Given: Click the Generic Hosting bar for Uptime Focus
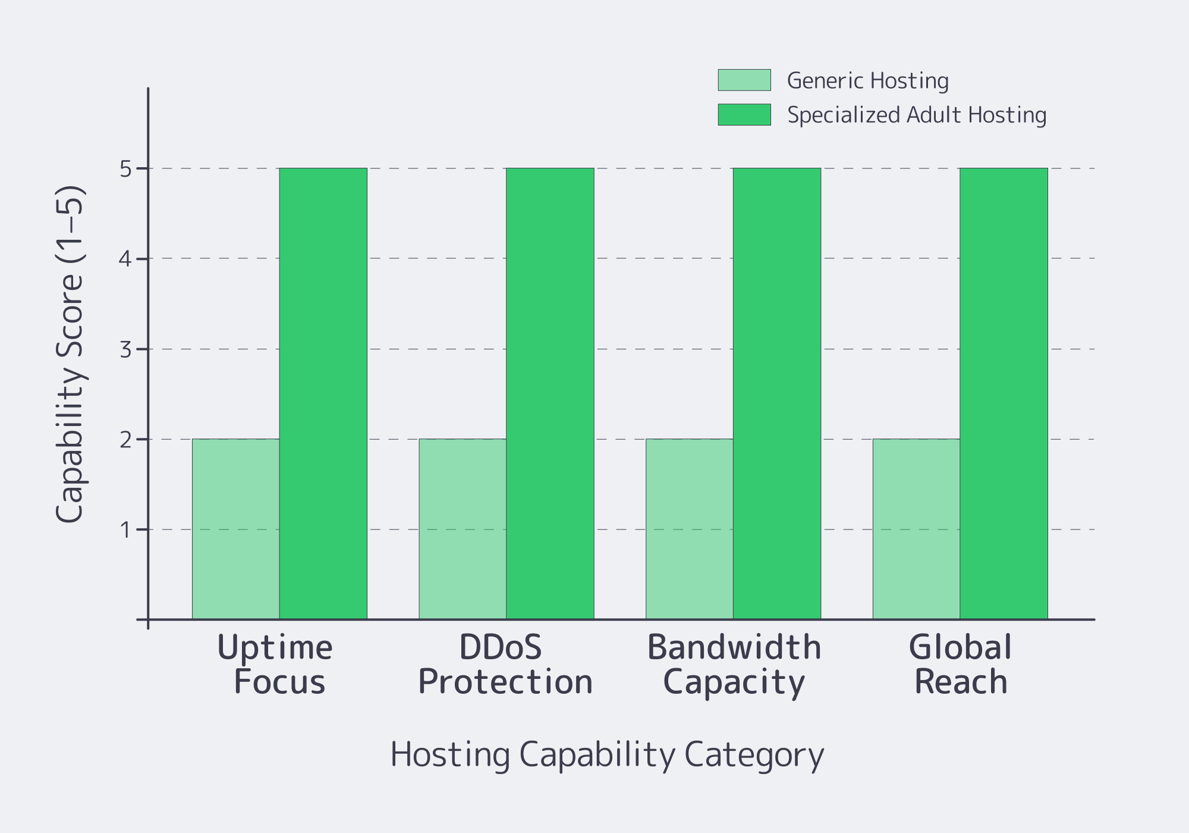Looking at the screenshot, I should [x=236, y=529].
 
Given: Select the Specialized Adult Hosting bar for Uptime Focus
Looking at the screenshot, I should [x=323, y=393].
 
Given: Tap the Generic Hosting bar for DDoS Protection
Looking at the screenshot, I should [x=463, y=529].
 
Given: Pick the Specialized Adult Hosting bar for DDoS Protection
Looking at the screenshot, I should [x=550, y=393].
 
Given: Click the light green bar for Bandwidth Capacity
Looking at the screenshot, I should [x=690, y=529].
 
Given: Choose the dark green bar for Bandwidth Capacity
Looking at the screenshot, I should [x=777, y=393].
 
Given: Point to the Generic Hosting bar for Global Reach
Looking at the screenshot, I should [x=916, y=529].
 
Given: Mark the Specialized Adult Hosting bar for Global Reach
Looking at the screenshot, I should [x=1004, y=393].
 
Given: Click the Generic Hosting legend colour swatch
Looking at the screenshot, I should [x=744, y=80].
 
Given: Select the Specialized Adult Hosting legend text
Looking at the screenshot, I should [x=917, y=115].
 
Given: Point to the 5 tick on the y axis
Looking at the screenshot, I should [x=125, y=170].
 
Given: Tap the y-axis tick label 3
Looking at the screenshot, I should [x=125, y=350].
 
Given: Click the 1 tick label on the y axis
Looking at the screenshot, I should [x=125, y=530].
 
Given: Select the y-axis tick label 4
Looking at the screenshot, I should [x=125, y=259].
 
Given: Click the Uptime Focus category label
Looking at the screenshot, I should [x=276, y=664].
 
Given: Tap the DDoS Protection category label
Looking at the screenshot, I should [x=505, y=664].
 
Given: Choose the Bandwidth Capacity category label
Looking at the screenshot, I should [x=734, y=664].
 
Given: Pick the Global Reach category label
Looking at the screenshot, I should [x=960, y=664].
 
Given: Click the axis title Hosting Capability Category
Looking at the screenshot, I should [x=607, y=754].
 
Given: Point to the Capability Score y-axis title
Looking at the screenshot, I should [x=70, y=355].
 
